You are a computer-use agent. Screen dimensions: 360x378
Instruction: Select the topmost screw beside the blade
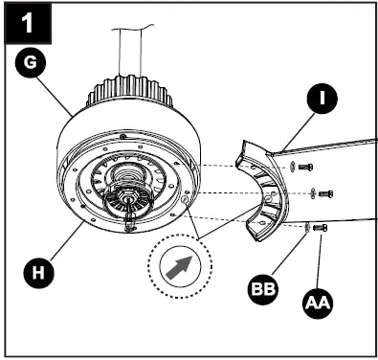305,168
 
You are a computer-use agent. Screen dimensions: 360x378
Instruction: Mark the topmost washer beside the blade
291,167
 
